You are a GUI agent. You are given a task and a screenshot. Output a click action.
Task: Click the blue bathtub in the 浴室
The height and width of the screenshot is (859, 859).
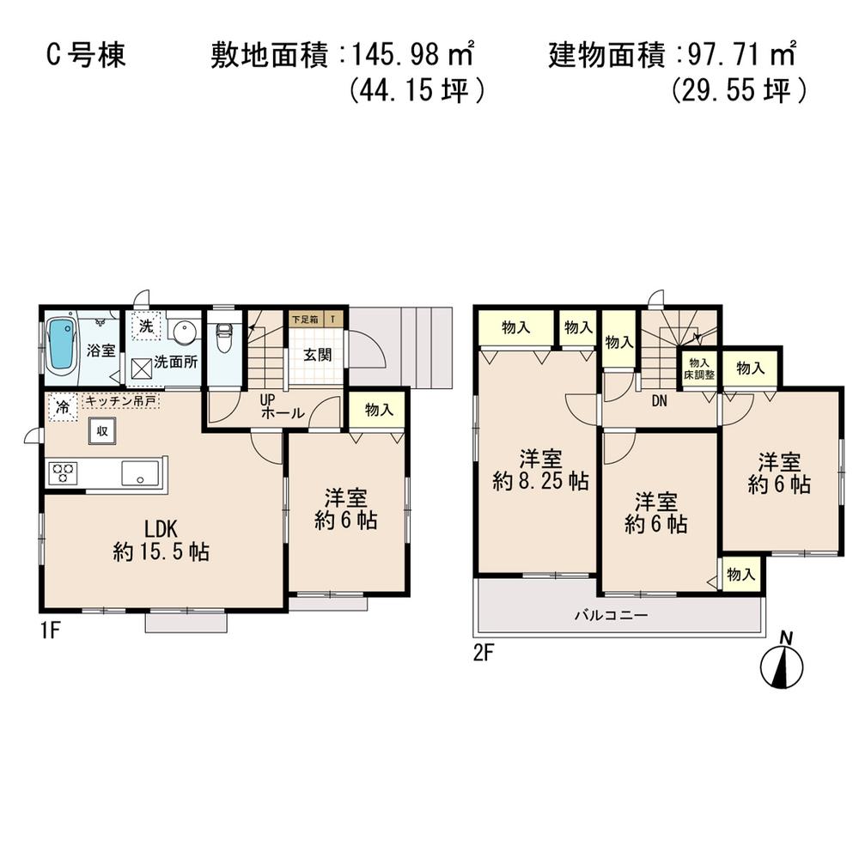click(x=62, y=345)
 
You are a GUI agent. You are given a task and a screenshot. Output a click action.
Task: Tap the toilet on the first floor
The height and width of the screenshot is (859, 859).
click(x=223, y=338)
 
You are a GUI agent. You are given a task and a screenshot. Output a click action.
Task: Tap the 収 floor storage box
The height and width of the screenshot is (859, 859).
click(x=101, y=431)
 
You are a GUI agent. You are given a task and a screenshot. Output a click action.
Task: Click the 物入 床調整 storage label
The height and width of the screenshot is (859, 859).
click(x=698, y=369)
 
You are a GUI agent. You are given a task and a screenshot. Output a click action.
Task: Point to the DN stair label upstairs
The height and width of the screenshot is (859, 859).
click(x=660, y=400)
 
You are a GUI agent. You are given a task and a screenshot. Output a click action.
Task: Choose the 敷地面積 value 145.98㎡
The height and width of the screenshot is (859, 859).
click(x=412, y=56)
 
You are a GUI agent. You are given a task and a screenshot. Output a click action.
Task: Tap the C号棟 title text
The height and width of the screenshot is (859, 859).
click(x=85, y=56)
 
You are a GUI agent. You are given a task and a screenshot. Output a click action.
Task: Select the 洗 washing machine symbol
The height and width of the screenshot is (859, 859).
click(x=146, y=326)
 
